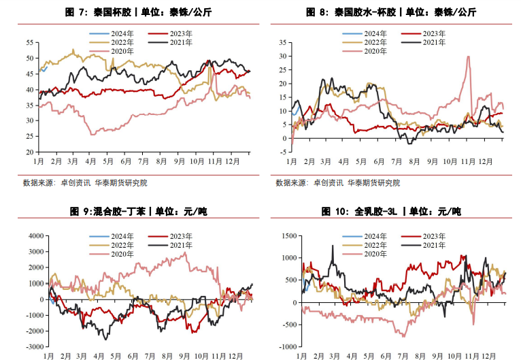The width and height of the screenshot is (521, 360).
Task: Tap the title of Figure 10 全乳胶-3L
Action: click(x=391, y=212)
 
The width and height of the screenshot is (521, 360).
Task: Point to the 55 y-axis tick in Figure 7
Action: click(x=29, y=42)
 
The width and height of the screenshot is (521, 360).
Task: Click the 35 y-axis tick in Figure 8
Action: click(x=282, y=42)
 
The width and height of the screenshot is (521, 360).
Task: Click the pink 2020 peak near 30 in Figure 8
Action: click(x=469, y=56)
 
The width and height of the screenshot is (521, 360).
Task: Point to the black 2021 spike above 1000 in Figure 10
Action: click(x=333, y=246)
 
